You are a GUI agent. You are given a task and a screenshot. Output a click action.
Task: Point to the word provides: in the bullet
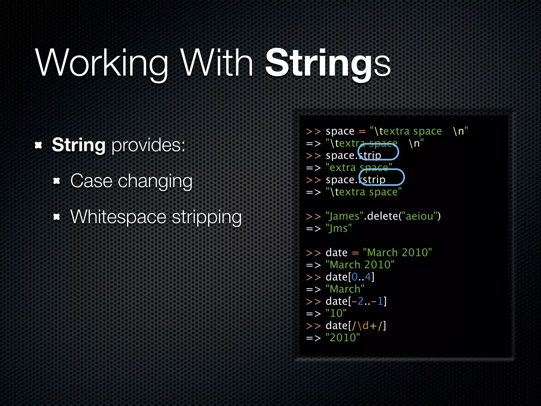click(x=148, y=145)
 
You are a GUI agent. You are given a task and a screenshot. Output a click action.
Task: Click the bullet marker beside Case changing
click(x=57, y=181)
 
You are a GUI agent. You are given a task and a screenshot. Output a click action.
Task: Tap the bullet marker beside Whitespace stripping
click(x=57, y=217)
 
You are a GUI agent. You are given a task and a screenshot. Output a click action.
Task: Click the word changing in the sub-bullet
click(x=155, y=182)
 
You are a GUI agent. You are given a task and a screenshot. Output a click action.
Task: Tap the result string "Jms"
click(x=339, y=228)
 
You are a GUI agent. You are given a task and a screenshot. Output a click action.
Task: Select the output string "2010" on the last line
click(x=343, y=338)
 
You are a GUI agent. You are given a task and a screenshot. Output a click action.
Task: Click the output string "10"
click(x=336, y=313)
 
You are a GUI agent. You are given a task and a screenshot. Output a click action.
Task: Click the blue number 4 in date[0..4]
click(x=368, y=277)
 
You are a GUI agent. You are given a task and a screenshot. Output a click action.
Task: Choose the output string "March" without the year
click(x=345, y=289)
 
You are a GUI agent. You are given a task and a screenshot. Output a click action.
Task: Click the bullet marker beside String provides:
click(x=39, y=145)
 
